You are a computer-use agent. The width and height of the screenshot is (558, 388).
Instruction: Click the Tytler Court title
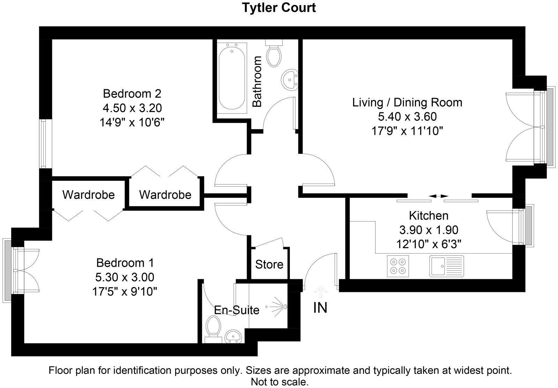(279, 7)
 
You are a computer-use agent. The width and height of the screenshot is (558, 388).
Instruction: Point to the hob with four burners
(398, 266)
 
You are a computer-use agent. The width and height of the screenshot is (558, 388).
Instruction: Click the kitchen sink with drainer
(447, 266)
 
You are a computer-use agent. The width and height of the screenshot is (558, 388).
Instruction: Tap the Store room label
(269, 264)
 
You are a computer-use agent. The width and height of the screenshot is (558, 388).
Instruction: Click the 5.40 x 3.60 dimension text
(407, 117)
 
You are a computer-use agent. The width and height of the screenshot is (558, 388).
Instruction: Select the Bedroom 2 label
(132, 94)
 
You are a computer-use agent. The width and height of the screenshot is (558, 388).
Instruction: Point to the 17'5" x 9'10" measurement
(125, 291)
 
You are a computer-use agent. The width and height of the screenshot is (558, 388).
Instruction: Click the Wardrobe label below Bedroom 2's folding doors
(165, 195)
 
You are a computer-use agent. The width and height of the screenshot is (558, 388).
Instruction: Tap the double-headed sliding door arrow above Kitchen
(438, 196)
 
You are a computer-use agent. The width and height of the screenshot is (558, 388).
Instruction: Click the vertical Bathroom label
(257, 82)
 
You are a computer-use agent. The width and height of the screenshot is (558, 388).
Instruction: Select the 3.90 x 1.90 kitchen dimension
(429, 230)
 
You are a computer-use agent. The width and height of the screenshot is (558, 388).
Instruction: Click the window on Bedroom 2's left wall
(43, 143)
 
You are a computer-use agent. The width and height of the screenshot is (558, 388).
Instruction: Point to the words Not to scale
(280, 382)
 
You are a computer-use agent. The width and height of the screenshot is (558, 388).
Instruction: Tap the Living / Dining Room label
(407, 103)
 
